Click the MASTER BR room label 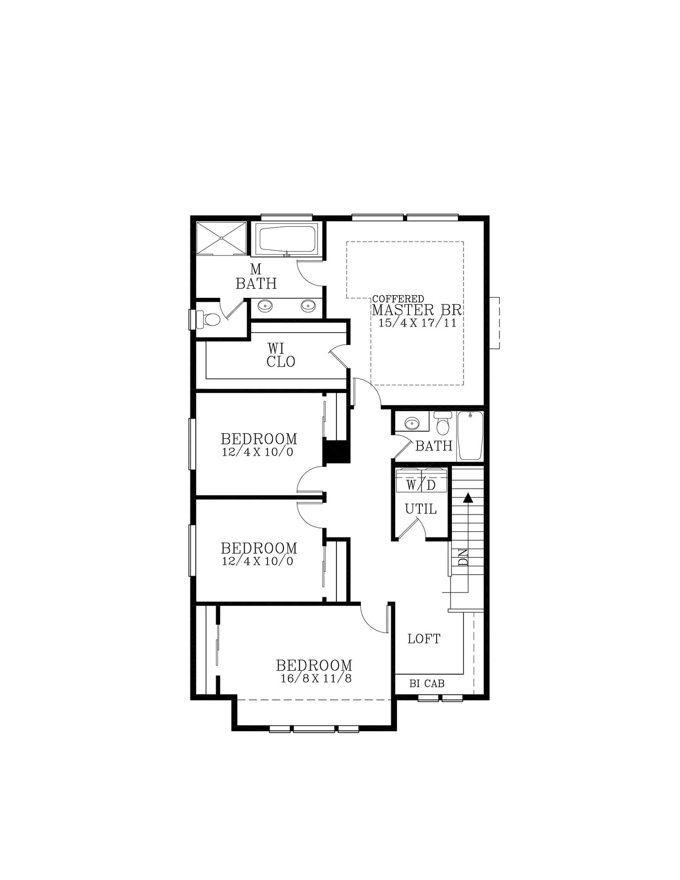(417, 310)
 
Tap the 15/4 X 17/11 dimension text (417, 323)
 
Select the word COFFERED (398, 299)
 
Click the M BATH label (256, 277)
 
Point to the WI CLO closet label (280, 355)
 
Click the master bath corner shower (221, 239)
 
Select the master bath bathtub (288, 240)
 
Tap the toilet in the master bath (208, 320)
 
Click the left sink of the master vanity (265, 306)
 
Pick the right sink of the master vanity (309, 306)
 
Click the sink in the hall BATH (412, 423)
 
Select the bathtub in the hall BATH (470, 435)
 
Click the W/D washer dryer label (421, 485)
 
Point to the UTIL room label (421, 509)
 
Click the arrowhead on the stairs (467, 498)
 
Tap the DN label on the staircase (463, 557)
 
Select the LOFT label (424, 639)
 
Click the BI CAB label (427, 683)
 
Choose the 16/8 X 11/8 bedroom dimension (316, 679)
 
